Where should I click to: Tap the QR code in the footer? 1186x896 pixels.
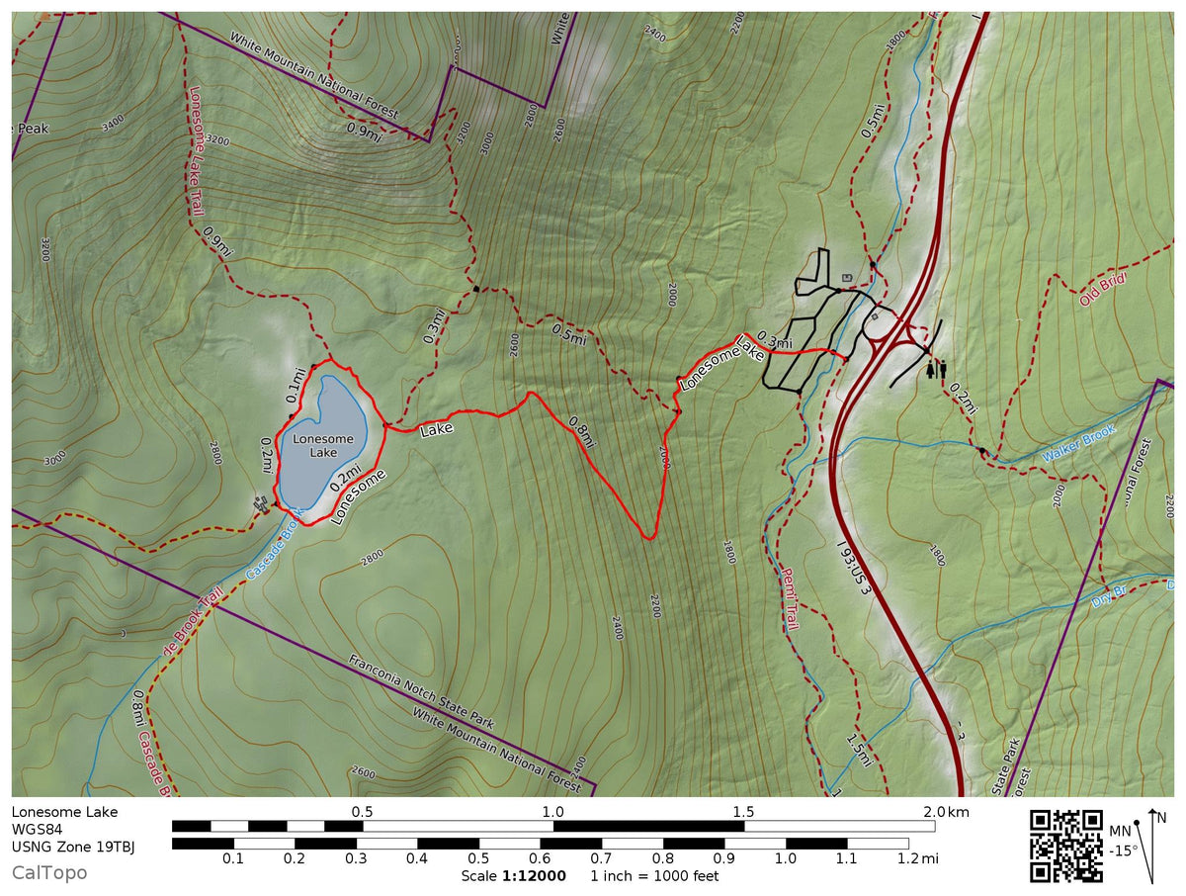tap(1066, 846)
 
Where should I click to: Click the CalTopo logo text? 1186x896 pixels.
tap(49, 872)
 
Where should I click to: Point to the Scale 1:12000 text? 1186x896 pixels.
tap(513, 876)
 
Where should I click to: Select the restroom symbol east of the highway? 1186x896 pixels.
tap(936, 369)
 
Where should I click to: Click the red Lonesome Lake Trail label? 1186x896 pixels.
tap(196, 148)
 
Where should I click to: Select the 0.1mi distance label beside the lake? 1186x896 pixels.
tap(295, 387)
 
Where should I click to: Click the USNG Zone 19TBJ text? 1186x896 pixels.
tap(73, 847)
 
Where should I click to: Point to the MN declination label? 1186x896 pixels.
tap(1120, 831)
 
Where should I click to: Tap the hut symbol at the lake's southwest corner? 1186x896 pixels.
tap(261, 503)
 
